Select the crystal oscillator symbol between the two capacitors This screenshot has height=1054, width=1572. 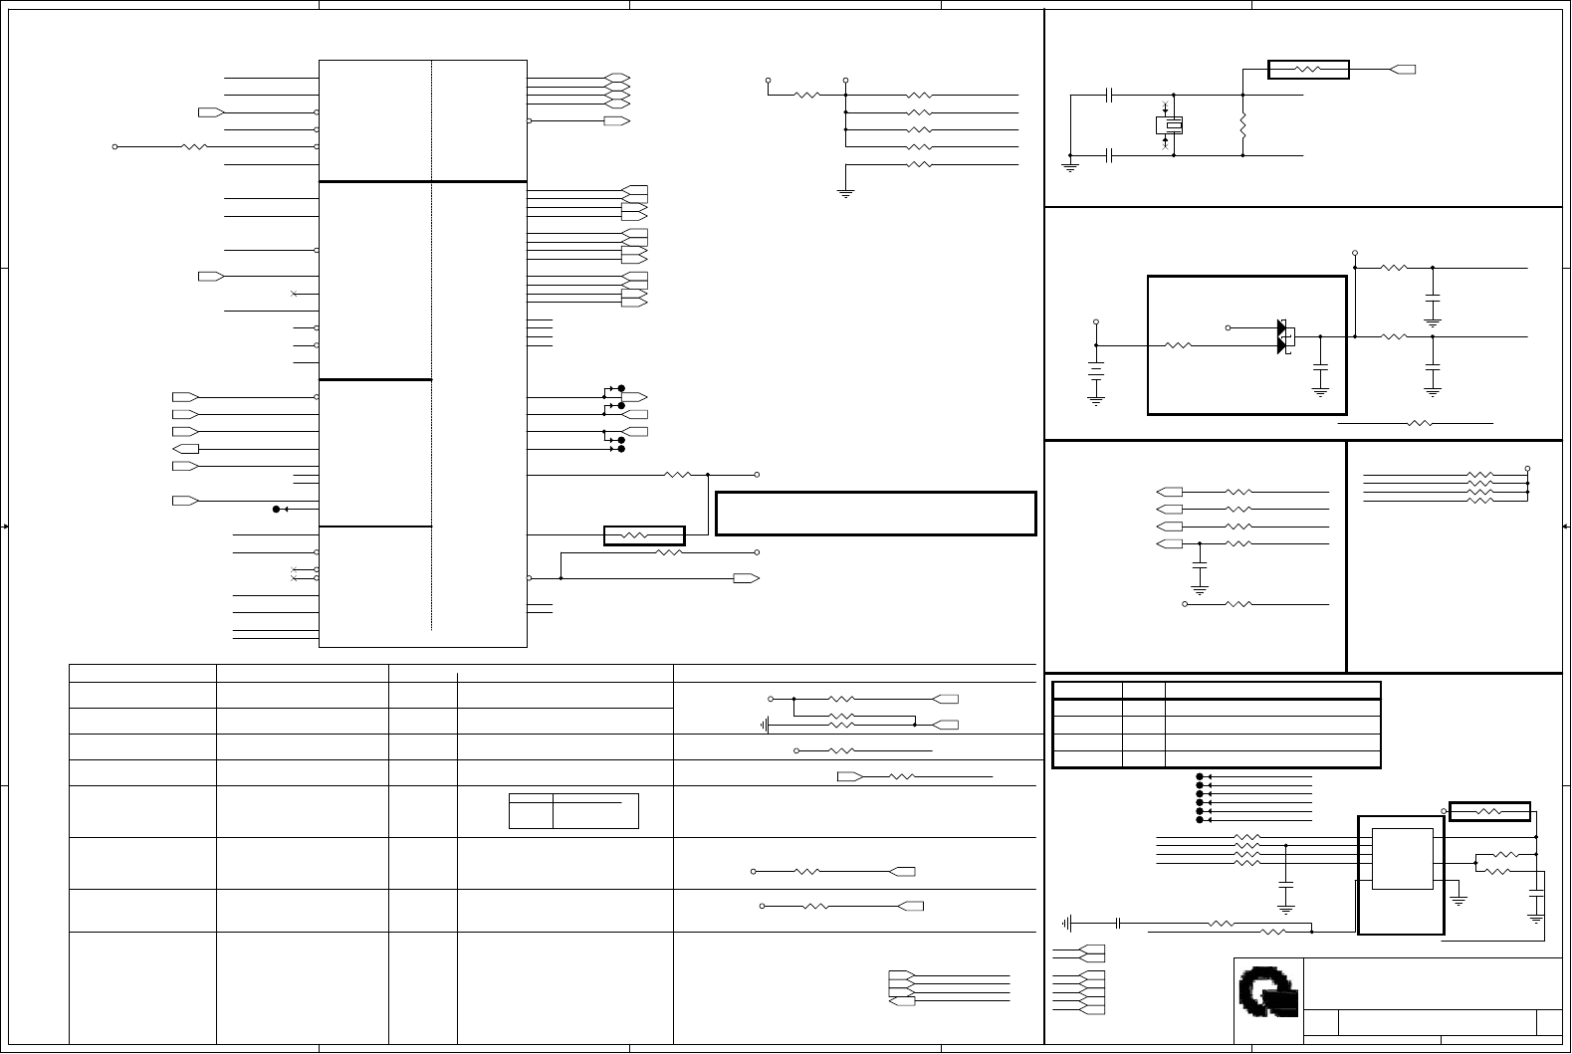pyautogui.click(x=1169, y=125)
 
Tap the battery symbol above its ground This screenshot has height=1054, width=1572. pyautogui.click(x=1096, y=377)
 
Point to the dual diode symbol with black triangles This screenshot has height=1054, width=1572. pyautogui.click(x=1284, y=337)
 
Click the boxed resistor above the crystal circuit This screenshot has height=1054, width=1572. pyautogui.click(x=1308, y=70)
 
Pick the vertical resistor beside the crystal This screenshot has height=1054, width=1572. pyautogui.click(x=1243, y=125)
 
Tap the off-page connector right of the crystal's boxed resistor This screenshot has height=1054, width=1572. pyautogui.click(x=1404, y=70)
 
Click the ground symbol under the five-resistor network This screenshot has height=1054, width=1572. pyautogui.click(x=845, y=192)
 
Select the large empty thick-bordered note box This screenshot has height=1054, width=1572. pyautogui.click(x=876, y=513)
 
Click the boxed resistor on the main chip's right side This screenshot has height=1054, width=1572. pyautogui.click(x=644, y=535)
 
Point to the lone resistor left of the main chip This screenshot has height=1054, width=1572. pyautogui.click(x=194, y=146)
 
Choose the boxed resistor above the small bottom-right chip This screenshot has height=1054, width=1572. pyautogui.click(x=1489, y=812)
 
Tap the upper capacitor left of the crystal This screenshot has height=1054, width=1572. pyautogui.click(x=1109, y=96)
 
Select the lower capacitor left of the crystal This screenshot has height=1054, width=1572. pyautogui.click(x=1109, y=155)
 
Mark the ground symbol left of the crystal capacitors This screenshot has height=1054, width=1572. pyautogui.click(x=1071, y=165)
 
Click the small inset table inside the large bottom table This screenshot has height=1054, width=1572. pyautogui.click(x=573, y=811)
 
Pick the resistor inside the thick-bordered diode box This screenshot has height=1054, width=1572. pyautogui.click(x=1179, y=345)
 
